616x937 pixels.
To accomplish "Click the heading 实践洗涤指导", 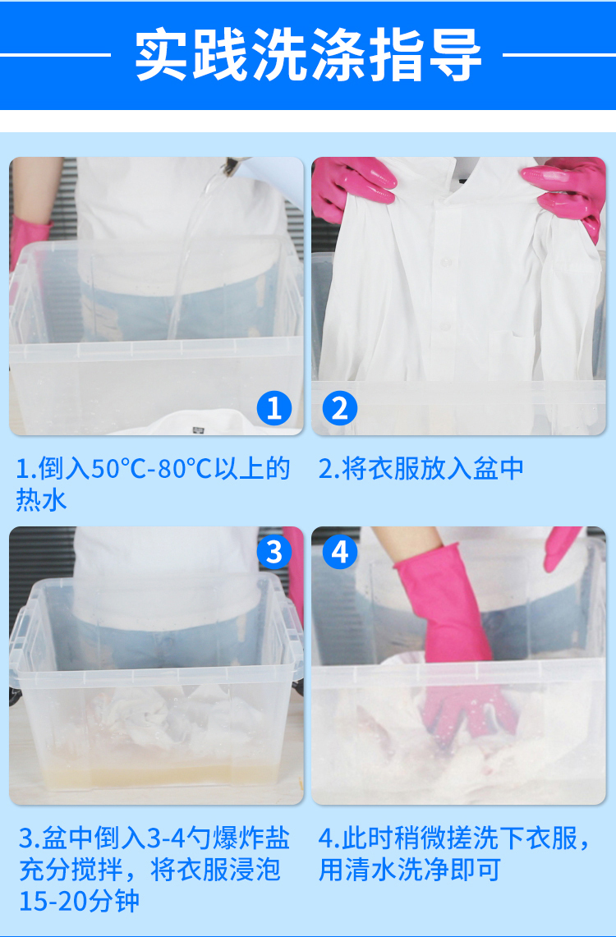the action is [308, 54].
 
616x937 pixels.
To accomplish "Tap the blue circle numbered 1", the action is [274, 409].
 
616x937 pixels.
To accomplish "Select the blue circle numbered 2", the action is [340, 409].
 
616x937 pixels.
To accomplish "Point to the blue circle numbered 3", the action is [274, 552].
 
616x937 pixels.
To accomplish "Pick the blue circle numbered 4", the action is [340, 552].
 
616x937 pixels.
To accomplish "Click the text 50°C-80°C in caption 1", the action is [152, 469].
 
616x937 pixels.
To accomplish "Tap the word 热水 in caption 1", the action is [41, 499].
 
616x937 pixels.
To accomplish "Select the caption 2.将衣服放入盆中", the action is [421, 469].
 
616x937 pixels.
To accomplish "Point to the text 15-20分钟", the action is [79, 900].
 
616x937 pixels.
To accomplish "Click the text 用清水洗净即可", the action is [409, 870].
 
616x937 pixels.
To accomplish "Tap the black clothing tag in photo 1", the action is [199, 428].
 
